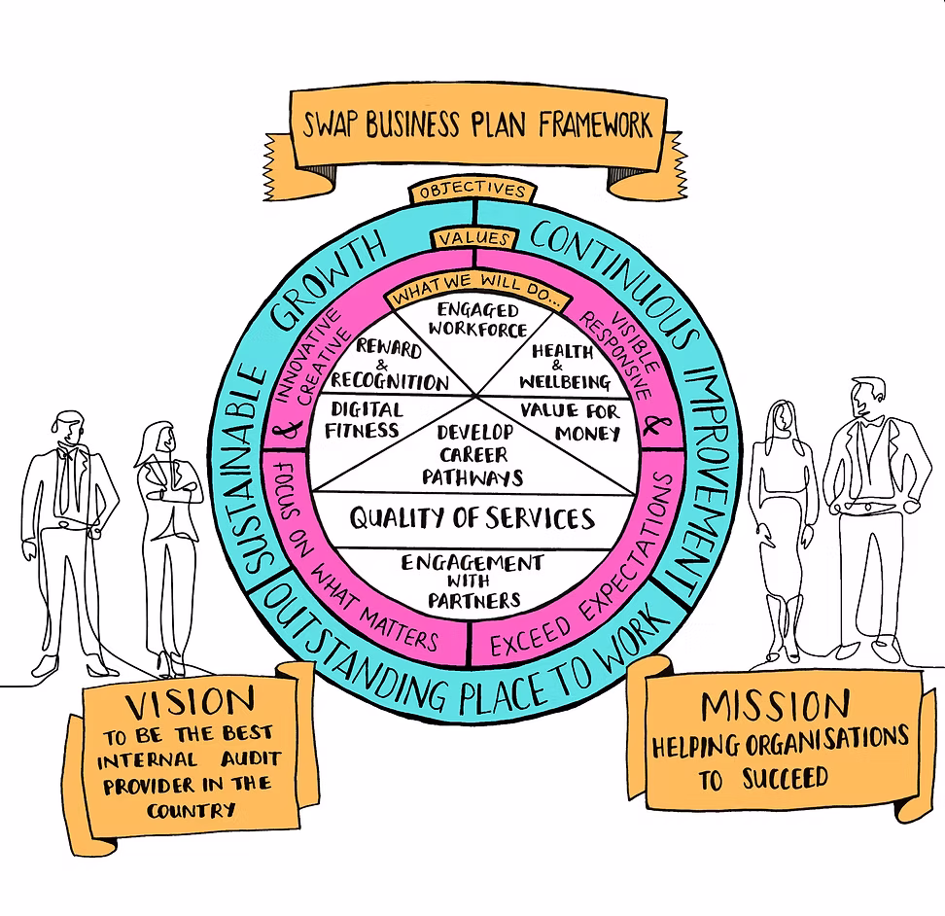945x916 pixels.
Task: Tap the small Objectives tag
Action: (472, 192)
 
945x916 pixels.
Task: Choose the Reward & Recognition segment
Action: (389, 366)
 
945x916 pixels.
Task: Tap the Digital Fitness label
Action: (365, 419)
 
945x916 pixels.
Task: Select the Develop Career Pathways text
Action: (472, 455)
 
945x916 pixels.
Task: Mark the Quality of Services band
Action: (472, 518)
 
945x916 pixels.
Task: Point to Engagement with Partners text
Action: (472, 581)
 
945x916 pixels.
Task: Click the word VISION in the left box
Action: (191, 701)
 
